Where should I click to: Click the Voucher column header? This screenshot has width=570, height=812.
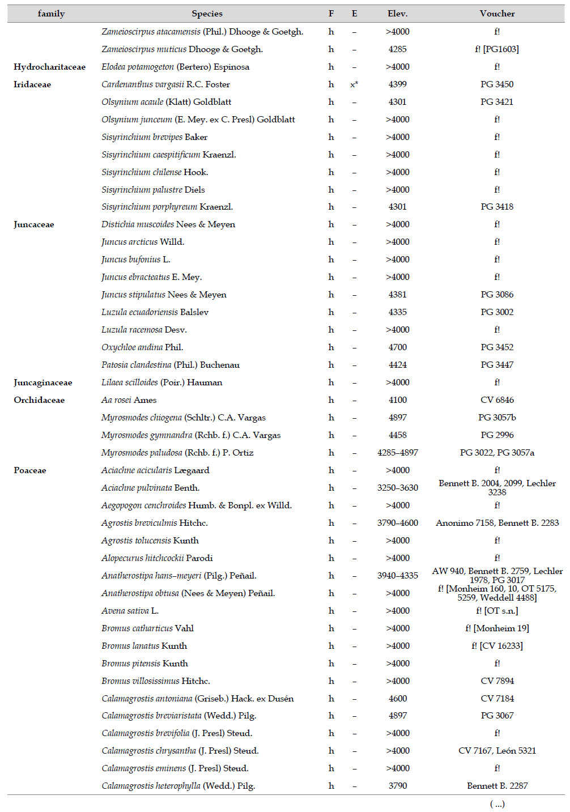tap(497, 14)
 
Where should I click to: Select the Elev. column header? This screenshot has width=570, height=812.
tap(397, 14)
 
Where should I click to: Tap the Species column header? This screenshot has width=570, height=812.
tap(207, 14)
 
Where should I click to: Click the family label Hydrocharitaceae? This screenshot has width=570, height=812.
tap(49, 67)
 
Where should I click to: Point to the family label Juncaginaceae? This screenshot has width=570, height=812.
tap(42, 382)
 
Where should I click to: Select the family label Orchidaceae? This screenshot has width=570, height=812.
tap(39, 400)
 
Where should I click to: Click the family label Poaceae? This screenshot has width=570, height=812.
tap(30, 470)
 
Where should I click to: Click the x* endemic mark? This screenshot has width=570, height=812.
tap(354, 84)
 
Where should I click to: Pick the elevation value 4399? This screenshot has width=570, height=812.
tap(397, 84)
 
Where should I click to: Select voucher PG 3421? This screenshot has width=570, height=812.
tap(497, 102)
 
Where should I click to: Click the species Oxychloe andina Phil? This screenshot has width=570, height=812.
tap(142, 347)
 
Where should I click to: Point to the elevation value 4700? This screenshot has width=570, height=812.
tap(397, 347)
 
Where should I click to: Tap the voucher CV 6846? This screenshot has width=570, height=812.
tap(497, 400)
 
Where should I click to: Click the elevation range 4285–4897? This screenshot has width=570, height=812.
tap(397, 453)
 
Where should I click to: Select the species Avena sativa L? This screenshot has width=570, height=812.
tap(130, 611)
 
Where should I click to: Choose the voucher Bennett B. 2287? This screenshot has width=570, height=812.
tap(497, 786)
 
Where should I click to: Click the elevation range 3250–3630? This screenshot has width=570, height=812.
tap(397, 488)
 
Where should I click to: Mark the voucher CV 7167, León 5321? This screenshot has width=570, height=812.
tap(497, 751)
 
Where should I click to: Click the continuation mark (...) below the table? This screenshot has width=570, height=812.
tap(497, 804)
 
